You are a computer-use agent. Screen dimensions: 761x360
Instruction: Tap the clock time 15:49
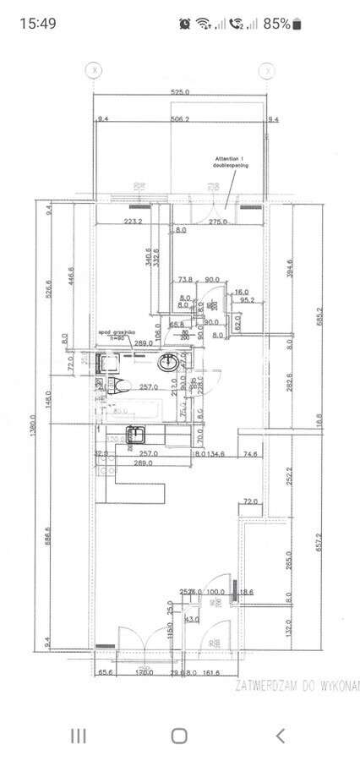(x=37, y=24)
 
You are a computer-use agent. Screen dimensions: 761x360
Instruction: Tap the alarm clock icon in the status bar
(x=185, y=24)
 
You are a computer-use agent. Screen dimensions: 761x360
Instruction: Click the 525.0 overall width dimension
(x=180, y=91)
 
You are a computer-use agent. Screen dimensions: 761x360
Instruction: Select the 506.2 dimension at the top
(x=180, y=120)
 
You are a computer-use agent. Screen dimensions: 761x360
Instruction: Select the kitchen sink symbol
(x=135, y=435)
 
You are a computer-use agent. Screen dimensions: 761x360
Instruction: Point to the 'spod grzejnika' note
(x=117, y=335)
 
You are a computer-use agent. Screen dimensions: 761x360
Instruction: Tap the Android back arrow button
(x=280, y=735)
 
